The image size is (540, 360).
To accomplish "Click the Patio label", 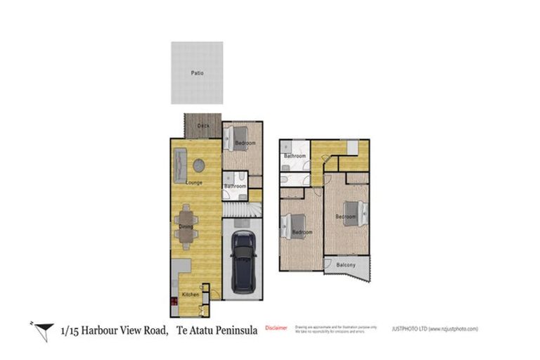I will coord(197,72).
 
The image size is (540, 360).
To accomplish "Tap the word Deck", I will coord(203,126).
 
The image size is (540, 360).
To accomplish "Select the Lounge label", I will coord(194,183).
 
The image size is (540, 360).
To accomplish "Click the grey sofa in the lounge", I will coord(180,167).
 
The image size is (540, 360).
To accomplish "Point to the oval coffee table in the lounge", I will coord(199,165).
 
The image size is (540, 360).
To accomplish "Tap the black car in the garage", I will coord(243,262).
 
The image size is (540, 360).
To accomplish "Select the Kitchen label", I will coord(190,294).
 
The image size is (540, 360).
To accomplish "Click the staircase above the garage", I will coord(242,209).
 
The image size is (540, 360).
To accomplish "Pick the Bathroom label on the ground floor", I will coord(234,186).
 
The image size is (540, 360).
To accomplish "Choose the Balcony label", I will coord(345,264).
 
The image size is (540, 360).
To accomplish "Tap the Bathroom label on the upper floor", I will coord(295,155).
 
